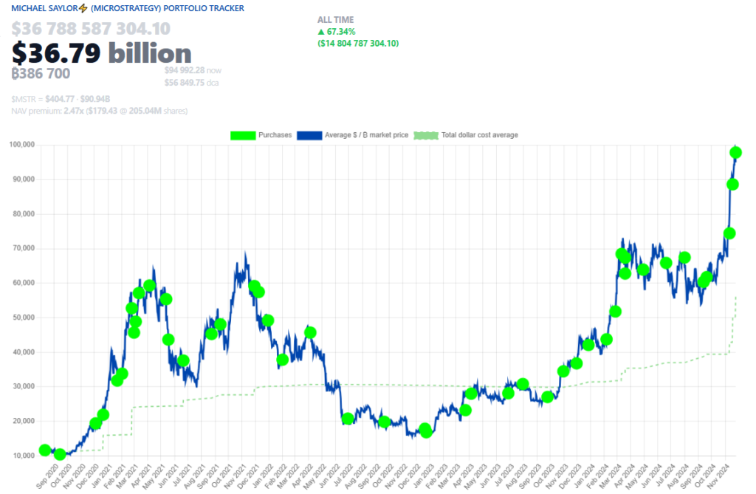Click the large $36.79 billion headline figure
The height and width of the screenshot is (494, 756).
point(101,52)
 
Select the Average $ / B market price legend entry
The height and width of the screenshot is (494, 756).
point(355,135)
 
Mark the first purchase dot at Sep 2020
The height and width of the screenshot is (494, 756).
point(45,450)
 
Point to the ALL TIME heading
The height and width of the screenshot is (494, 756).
point(335,20)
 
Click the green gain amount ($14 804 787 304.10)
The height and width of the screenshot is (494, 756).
point(357,44)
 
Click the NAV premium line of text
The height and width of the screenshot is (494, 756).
point(99,111)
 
